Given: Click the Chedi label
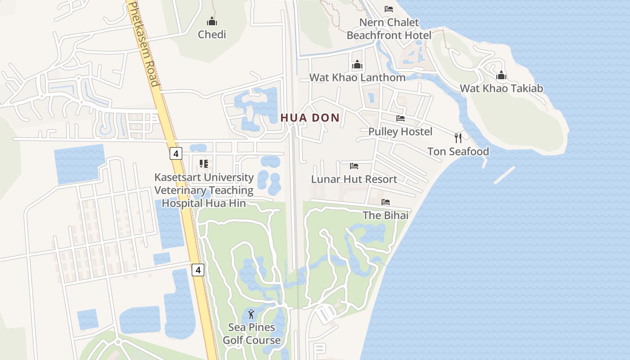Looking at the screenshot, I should point(212,35).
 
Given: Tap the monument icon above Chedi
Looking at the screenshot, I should point(212,21).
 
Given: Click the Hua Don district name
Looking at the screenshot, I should point(310,118).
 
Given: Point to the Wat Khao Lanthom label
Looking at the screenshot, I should point(357,77).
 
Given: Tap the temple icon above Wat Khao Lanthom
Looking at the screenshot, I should point(357,65).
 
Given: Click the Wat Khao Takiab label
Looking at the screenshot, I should point(501,88).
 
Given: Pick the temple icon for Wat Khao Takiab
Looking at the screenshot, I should point(501,75).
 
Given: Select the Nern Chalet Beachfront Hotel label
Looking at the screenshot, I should point(389,28).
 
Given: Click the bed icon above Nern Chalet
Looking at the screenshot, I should point(389,9).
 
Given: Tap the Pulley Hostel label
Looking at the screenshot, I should point(400,131).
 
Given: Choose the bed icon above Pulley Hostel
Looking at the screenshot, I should point(400,118).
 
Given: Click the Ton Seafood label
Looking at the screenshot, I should point(458,151).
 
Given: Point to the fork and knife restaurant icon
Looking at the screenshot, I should point(458,138).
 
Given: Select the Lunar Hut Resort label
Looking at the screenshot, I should point(354,179).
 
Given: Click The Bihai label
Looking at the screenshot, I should point(386,215).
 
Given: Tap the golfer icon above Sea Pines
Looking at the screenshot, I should point(252,314).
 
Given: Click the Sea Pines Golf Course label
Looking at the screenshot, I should point(252,333).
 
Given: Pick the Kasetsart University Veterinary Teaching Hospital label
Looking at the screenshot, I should point(204,190).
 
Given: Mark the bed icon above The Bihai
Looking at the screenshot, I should point(386,202).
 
